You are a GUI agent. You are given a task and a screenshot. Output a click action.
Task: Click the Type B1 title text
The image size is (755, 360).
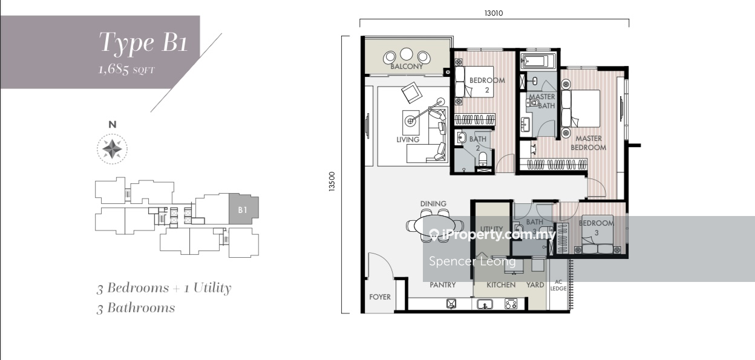click(x=143, y=43)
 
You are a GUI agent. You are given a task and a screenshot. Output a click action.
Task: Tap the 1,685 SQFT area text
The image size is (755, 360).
click(x=126, y=70)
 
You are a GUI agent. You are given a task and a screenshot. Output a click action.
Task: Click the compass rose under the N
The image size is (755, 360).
click(x=113, y=149)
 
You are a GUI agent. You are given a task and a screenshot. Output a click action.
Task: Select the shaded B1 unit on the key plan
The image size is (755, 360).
click(x=244, y=209)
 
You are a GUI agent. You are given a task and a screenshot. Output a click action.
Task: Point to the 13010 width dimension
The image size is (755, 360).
click(x=494, y=13)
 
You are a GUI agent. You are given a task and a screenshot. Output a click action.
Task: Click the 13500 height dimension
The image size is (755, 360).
click(x=332, y=182)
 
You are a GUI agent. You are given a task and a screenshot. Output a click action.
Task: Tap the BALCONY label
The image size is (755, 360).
click(x=407, y=67)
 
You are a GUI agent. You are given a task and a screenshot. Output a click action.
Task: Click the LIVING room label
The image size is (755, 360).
click(x=408, y=140)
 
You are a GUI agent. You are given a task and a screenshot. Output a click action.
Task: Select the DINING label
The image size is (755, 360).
click(x=433, y=203)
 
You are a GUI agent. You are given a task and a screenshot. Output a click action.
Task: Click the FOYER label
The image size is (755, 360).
click(x=380, y=297)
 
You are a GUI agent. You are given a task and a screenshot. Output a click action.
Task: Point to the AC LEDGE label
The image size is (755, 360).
click(x=558, y=285)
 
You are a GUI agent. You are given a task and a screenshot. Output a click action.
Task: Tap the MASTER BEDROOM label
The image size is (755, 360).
click(x=588, y=143)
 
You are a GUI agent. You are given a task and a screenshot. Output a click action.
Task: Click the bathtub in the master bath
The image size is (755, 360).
click(x=538, y=61)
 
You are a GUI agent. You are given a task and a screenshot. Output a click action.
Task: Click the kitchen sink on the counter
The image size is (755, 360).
click(x=485, y=304)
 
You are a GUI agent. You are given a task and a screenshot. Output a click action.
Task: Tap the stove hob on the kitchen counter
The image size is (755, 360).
click(x=511, y=304)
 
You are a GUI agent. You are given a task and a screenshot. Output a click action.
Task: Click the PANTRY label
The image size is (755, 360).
click(x=443, y=285)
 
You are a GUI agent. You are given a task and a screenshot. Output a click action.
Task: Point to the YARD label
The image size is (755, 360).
click(x=535, y=285)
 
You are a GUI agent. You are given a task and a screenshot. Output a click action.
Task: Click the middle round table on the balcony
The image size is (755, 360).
click(x=407, y=54)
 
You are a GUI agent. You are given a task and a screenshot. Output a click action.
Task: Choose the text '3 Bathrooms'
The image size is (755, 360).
click(x=136, y=308)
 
